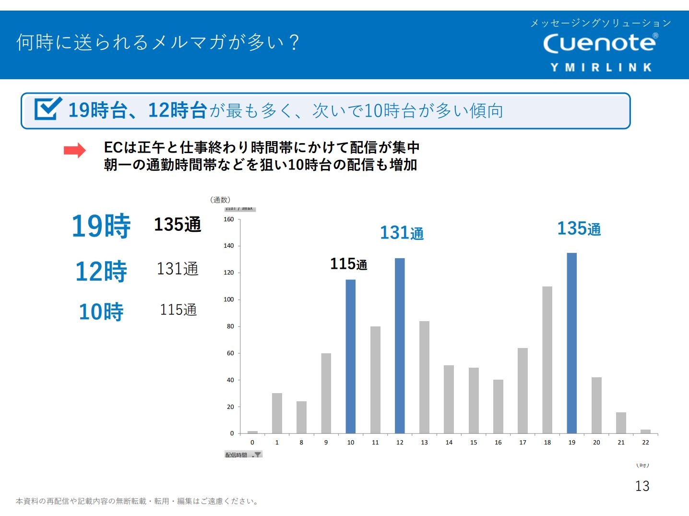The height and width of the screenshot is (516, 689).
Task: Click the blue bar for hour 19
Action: pos(571,343)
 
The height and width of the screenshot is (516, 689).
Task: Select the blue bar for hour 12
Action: pos(400,346)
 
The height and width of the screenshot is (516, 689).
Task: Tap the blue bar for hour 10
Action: pos(351,356)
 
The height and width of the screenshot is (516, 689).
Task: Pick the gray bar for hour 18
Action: pos(547,360)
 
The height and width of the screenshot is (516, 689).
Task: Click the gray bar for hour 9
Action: pos(326,393)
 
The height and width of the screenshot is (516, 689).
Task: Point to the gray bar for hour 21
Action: pos(621,422)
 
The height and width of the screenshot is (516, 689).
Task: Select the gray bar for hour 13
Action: pos(424,377)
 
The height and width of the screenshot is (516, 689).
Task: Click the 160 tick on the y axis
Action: pos(229,219)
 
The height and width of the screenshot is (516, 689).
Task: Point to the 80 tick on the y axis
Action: pos(230,326)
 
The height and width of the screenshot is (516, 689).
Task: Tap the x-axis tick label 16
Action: pos(498,443)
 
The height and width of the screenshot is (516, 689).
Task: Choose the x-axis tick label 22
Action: pos(645,443)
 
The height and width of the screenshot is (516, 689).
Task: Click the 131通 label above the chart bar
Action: pos(402,233)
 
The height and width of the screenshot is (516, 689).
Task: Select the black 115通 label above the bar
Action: pos(348,264)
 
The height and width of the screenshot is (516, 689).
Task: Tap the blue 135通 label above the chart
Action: pos(579,229)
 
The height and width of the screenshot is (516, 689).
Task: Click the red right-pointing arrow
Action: pos(74,151)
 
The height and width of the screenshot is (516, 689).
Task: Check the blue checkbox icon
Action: pos(48,109)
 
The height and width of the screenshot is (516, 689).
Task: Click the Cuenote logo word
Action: pos(600,43)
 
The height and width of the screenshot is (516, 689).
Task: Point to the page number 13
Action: pos(642,486)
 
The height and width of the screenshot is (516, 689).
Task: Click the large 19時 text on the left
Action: pos(101,226)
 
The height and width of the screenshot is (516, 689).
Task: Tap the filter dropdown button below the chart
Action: pos(257,455)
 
